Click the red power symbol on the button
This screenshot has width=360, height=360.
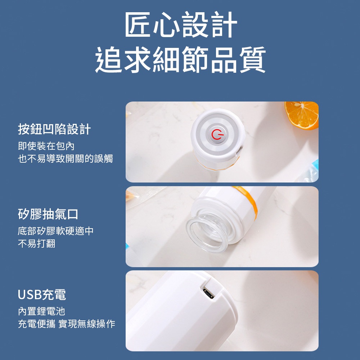[216, 135]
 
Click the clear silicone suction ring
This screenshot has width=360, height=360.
[207, 235]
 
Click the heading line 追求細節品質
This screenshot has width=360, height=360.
[181, 59]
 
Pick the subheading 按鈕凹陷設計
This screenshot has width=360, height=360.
[54, 129]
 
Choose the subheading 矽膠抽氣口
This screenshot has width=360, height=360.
[48, 214]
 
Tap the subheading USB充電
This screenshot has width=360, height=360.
[42, 294]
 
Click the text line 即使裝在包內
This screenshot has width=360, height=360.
[46, 146]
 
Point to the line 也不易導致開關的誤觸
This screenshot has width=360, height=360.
[66, 159]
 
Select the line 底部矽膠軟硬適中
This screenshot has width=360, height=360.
[55, 231]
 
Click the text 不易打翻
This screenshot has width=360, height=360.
[37, 243]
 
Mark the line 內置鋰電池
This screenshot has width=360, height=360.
[41, 311]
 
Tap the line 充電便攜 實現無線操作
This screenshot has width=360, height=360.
[67, 324]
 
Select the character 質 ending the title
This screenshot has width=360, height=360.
[253, 59]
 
